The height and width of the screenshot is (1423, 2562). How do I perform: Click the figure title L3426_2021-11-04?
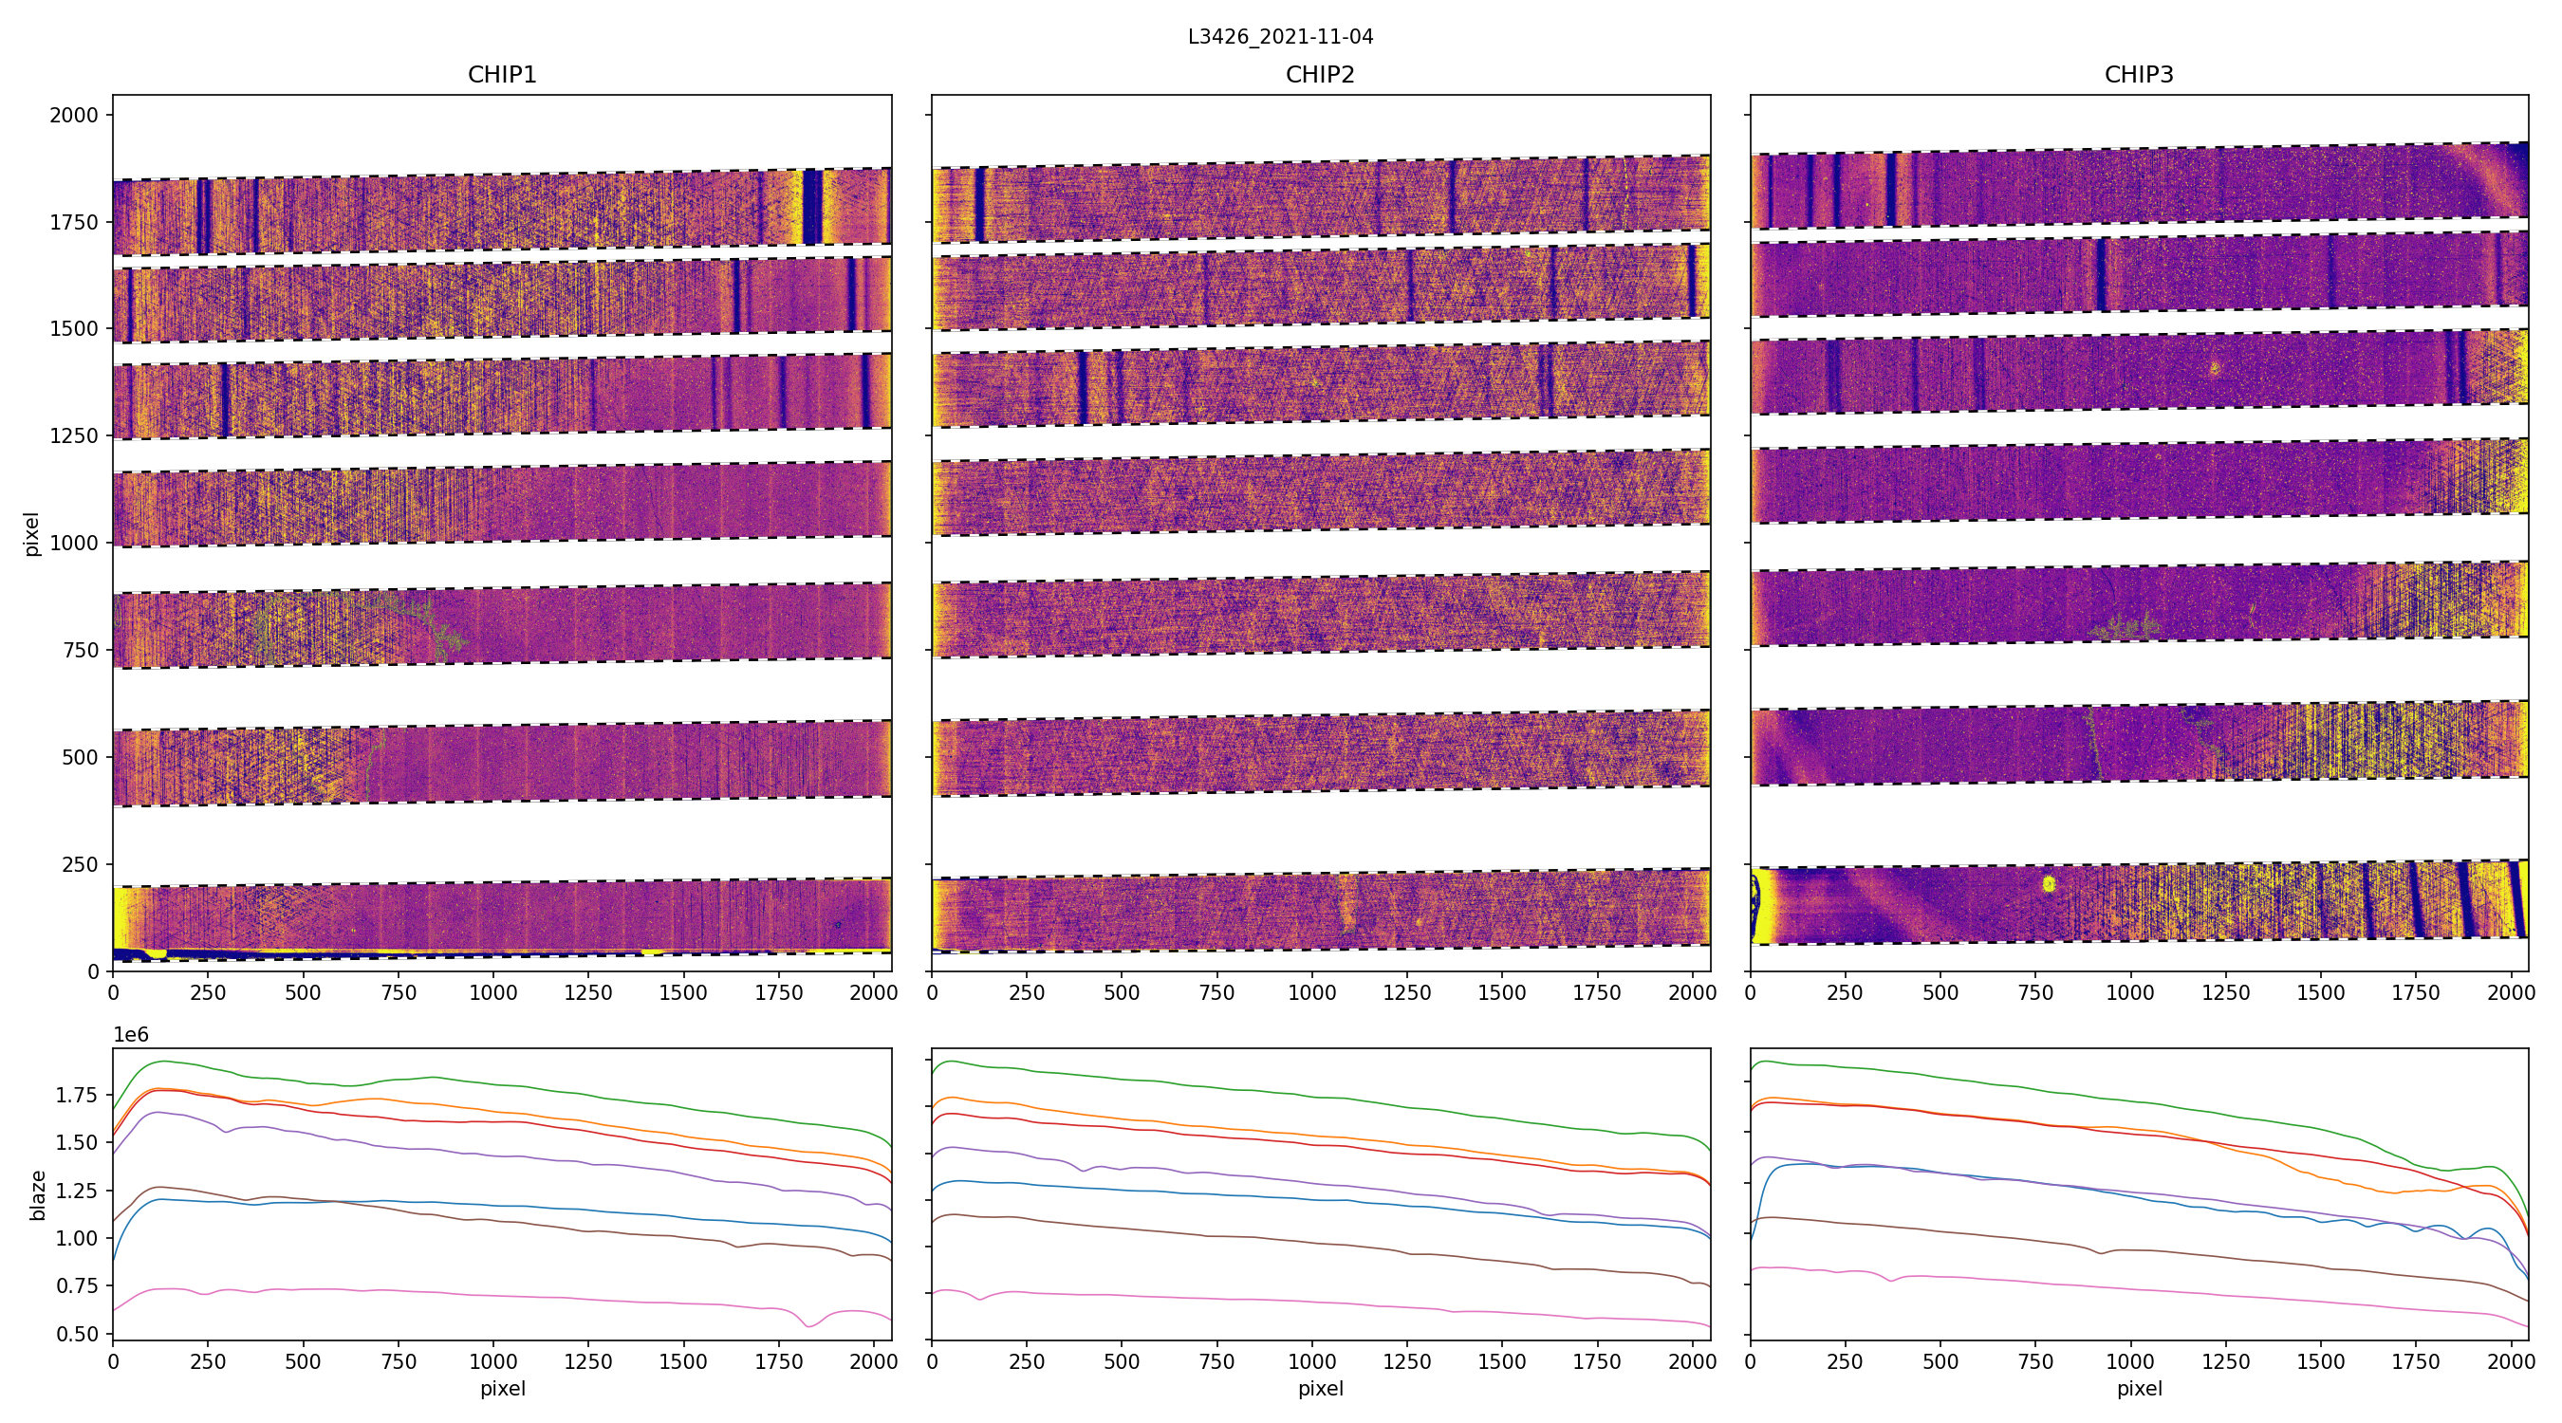coord(1280,37)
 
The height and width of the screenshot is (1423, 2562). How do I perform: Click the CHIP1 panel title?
coord(502,75)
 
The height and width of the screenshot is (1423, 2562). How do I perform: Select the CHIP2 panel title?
coord(1320,75)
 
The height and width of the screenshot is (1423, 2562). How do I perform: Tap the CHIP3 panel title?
coord(2138,75)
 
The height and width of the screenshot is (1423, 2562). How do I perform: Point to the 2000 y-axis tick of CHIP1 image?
coord(74,116)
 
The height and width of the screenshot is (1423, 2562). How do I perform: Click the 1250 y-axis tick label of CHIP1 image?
coord(74,436)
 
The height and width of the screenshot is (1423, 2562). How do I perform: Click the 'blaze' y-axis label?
coord(38,1194)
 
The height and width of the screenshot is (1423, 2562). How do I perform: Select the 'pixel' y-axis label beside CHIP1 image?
coord(32,534)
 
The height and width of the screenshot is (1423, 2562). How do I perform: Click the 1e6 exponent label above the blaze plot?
coord(131,1035)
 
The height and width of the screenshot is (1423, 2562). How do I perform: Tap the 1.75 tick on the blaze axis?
coord(76,1095)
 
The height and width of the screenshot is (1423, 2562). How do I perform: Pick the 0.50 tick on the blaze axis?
coord(76,1334)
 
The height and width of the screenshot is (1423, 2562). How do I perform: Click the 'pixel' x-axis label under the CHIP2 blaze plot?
coord(1320,1388)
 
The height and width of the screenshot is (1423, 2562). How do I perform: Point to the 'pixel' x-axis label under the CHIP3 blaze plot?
coord(2138,1388)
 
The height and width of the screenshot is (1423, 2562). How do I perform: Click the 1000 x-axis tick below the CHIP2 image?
coord(1311,992)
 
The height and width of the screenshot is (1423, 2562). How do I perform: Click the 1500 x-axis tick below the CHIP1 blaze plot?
coord(683,1361)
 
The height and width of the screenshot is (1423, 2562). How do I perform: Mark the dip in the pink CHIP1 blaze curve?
coord(809,1324)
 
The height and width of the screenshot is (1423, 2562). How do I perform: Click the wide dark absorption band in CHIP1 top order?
coord(812,207)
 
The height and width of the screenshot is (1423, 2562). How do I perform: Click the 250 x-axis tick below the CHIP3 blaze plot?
coord(1845,1361)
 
